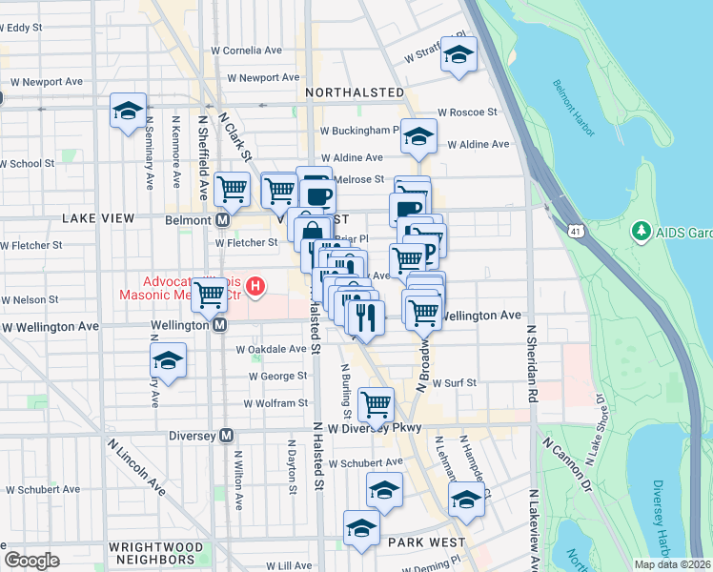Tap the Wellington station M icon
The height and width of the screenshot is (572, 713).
pos(219,325)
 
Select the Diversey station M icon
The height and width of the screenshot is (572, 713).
pos(227,436)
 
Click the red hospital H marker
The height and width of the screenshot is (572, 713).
pos(255,285)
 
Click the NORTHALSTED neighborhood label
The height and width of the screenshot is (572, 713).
pos(356,92)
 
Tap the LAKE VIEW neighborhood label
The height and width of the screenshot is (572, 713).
pos(98,218)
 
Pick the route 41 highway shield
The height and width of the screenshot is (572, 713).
pos(576,231)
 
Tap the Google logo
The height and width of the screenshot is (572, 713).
pos(31,560)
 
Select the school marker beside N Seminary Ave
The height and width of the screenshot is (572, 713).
pos(128,111)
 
